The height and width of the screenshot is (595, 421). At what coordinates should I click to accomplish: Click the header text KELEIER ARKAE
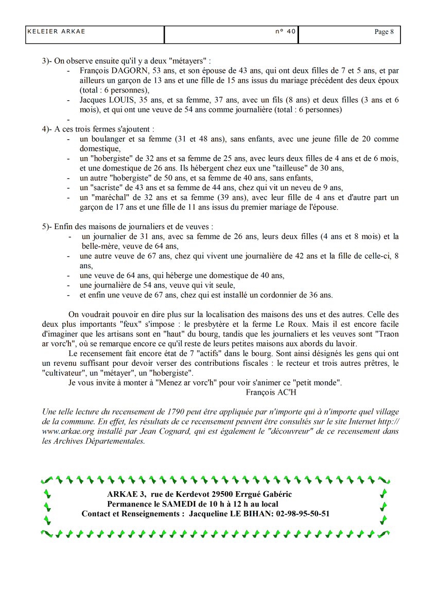56,31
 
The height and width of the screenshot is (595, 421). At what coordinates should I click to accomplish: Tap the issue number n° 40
286,31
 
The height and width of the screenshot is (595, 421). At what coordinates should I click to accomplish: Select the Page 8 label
384,32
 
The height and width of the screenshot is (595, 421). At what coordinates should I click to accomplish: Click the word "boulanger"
113,139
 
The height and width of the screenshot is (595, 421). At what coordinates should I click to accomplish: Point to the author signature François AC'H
272,393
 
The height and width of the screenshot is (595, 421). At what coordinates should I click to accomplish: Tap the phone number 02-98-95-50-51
303,513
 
